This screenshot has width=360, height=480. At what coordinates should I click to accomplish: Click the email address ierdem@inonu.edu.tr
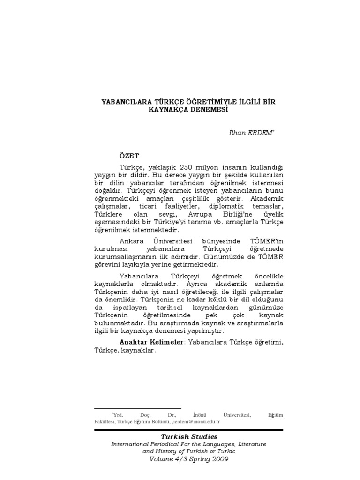click(197, 421)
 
